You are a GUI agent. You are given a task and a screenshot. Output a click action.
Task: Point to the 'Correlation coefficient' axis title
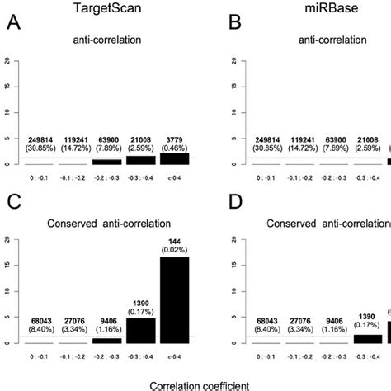195,384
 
